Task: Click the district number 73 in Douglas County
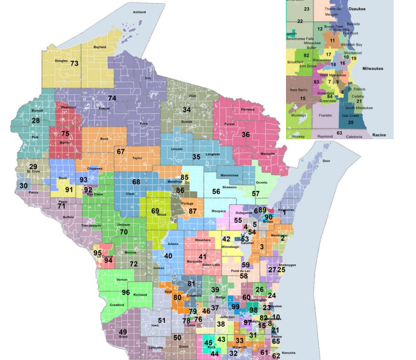click(x=74, y=63)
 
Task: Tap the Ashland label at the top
click(x=139, y=11)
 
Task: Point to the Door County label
click(x=326, y=161)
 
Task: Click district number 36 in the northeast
click(x=245, y=135)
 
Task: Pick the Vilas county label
click(x=192, y=96)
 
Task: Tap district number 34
click(x=186, y=110)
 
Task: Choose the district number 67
click(x=121, y=151)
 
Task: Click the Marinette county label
click(x=268, y=154)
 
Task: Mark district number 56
click(x=216, y=191)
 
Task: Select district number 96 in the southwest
click(x=125, y=292)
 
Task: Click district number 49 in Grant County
click(x=123, y=332)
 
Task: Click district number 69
click(x=155, y=211)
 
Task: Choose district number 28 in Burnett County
click(x=35, y=121)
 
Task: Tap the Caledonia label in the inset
click(x=354, y=136)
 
